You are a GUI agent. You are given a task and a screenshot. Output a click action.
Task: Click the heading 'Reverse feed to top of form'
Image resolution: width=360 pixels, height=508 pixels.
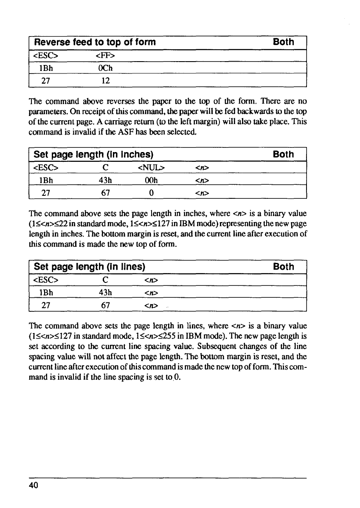pos(95,42)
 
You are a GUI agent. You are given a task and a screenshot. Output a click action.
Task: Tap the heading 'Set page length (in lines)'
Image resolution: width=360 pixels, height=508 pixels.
pos(90,267)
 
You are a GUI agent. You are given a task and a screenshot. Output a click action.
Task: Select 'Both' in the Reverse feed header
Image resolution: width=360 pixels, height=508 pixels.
pos(284,42)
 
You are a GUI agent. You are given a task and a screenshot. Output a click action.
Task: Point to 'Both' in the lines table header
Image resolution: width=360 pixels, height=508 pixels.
pos(284,267)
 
